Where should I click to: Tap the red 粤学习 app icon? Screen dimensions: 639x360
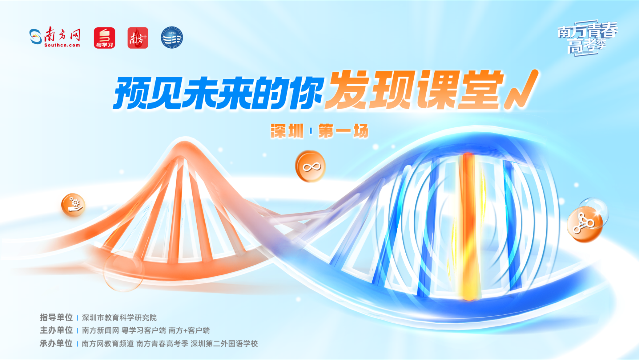coord(104,38)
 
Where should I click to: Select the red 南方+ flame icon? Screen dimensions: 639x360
coord(138,38)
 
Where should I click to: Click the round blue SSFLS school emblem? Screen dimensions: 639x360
coord(172,37)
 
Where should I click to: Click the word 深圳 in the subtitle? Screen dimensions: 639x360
coord(287,131)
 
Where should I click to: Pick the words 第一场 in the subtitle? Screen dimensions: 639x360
coord(343,131)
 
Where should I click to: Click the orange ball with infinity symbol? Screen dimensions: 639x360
coord(311,166)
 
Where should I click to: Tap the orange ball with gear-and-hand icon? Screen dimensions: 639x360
coord(73,205)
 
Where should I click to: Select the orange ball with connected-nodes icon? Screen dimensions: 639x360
coord(584,224)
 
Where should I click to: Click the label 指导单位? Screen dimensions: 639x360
coord(56,317)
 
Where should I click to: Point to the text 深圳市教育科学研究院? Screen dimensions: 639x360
coord(119,318)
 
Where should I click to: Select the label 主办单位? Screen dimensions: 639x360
coord(56,330)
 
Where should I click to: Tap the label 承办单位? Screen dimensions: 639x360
coord(56,343)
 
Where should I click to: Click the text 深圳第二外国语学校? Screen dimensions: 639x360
coord(224,343)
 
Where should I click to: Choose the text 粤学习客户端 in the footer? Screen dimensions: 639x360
coord(144,330)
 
